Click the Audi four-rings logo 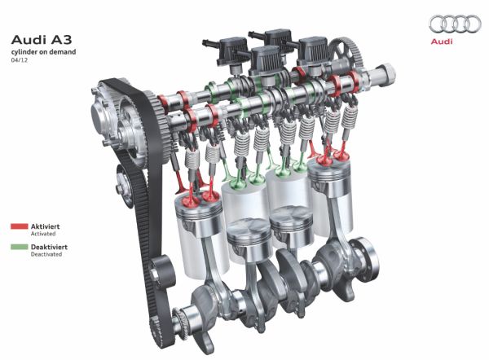click(x=455, y=24)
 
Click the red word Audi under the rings click(x=441, y=42)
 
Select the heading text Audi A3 click(x=42, y=40)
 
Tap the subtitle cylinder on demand click(x=43, y=52)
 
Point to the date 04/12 click(x=19, y=60)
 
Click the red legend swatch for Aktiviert click(x=20, y=226)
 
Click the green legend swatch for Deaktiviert click(x=20, y=247)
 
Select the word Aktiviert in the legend click(x=45, y=226)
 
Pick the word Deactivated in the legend click(x=46, y=254)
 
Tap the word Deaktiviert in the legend click(x=49, y=247)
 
